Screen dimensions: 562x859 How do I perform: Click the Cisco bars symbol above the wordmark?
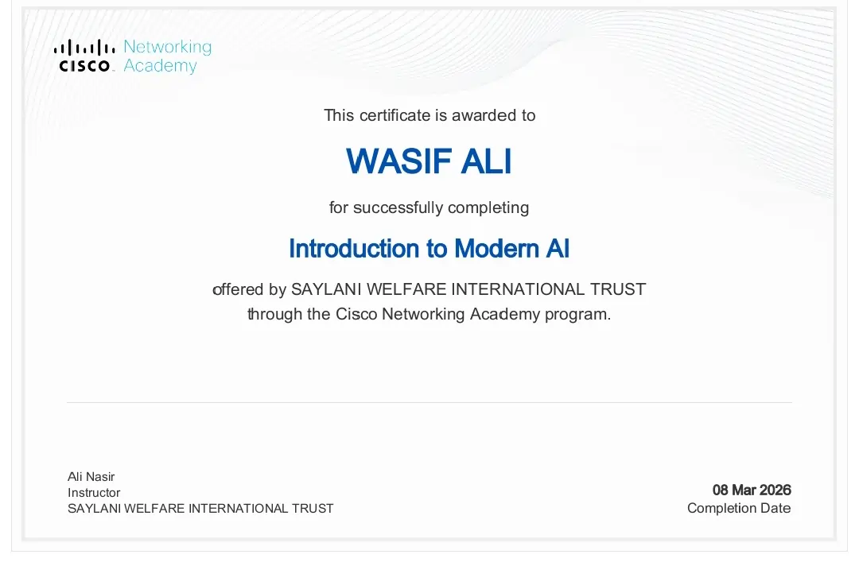tap(84, 48)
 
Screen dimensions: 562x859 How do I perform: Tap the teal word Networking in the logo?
tap(167, 47)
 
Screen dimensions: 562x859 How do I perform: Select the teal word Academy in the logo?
tap(160, 66)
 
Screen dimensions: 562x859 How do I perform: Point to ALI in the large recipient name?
tap(487, 161)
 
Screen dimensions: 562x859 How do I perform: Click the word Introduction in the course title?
tap(357, 249)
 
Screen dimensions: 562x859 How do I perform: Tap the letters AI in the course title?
tap(558, 249)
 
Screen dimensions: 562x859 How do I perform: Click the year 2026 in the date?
tap(775, 490)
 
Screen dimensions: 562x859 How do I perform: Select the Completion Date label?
tap(739, 508)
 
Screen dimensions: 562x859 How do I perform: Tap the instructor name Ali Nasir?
tap(91, 477)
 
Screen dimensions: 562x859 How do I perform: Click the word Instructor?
tap(94, 493)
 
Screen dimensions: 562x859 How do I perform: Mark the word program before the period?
tap(577, 314)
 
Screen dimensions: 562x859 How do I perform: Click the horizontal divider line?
tap(429, 402)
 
